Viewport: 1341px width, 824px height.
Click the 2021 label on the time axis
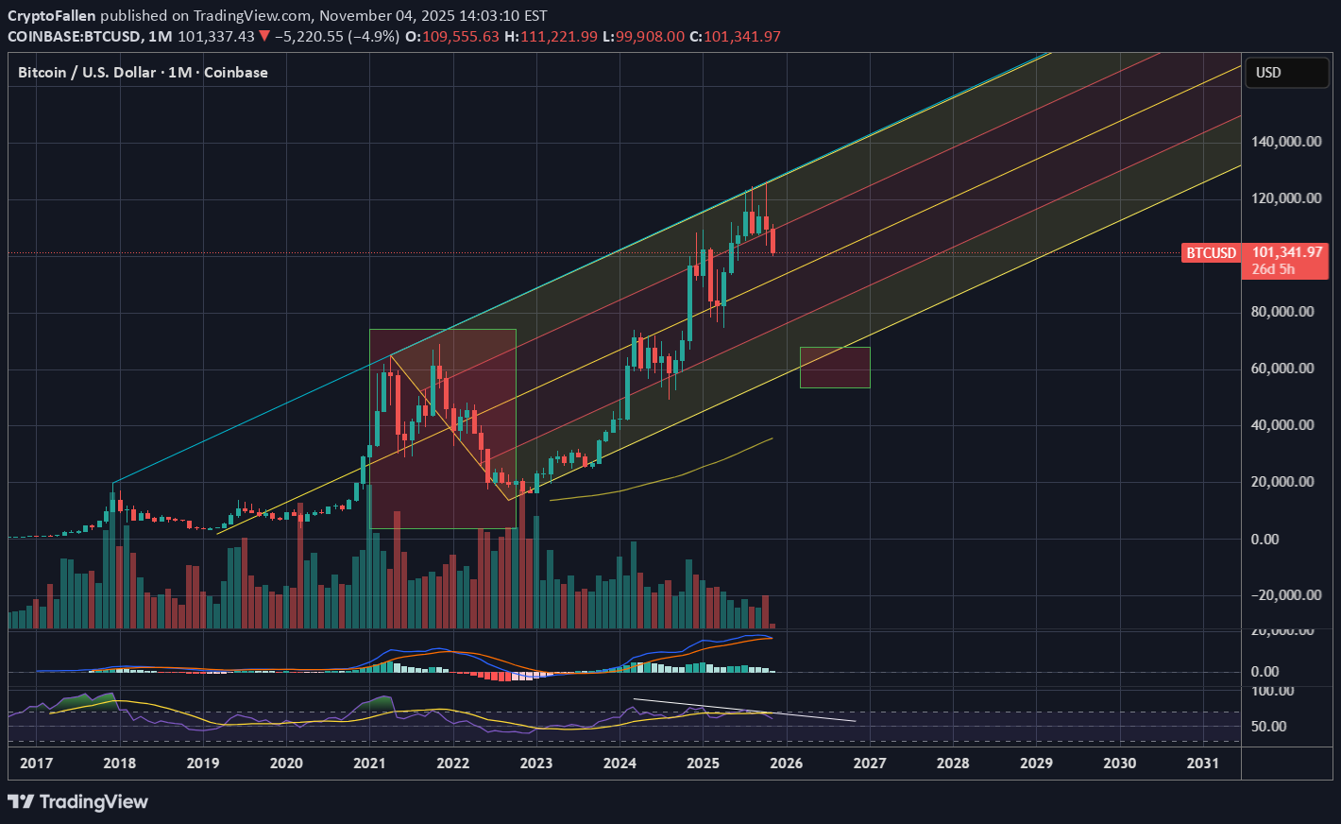click(x=369, y=763)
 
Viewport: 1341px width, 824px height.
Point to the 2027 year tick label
click(x=870, y=763)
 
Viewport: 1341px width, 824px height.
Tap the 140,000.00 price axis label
click(x=1282, y=142)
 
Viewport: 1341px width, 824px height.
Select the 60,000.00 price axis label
click(x=1282, y=369)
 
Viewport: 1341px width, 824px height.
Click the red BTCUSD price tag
click(x=1211, y=253)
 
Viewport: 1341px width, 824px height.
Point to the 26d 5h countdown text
click(x=1273, y=269)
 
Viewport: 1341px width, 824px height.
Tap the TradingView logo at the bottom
click(x=78, y=802)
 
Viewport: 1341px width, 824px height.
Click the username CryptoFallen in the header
click(x=51, y=16)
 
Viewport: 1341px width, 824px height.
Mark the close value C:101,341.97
click(x=735, y=37)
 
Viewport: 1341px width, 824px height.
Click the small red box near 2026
click(x=835, y=368)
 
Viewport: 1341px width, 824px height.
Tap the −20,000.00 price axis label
click(x=1280, y=595)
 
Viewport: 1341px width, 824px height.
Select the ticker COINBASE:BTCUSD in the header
click(x=75, y=37)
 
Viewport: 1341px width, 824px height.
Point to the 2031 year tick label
click(x=1202, y=763)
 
